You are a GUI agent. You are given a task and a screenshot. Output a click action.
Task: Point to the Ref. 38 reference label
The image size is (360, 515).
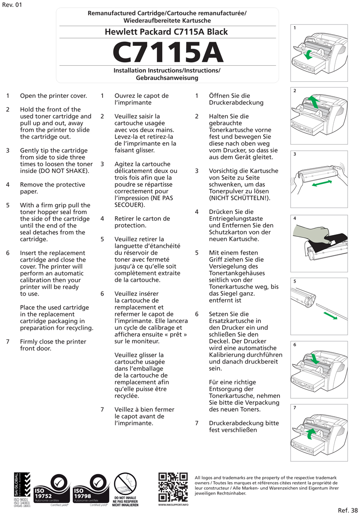point(347,509)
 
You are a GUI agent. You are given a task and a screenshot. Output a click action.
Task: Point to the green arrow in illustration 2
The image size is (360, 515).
point(313,102)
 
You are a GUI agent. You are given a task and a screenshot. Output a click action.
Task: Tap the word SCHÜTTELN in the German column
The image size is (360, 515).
point(247,198)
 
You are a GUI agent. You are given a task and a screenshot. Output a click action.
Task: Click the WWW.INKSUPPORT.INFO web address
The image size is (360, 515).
point(173,505)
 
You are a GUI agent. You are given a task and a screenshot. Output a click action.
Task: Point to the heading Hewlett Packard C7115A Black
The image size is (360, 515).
point(166,32)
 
